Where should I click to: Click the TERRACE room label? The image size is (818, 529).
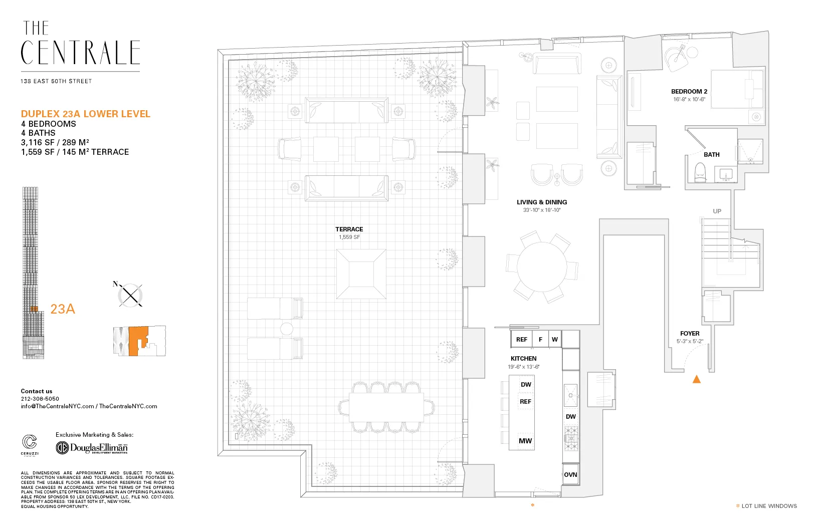pos(349,229)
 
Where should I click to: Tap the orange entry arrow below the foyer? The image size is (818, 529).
pos(696,379)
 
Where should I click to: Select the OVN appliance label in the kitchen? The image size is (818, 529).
pos(570,474)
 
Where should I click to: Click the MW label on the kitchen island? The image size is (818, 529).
pos(525,441)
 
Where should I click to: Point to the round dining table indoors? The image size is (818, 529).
pos(542,266)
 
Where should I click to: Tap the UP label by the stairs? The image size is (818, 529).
pos(717,211)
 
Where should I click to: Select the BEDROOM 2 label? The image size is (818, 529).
pos(689,91)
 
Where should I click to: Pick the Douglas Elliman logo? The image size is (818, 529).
pos(92,447)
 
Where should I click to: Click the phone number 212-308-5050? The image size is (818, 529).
pos(40,399)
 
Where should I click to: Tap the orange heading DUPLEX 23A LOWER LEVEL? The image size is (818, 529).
pos(85,114)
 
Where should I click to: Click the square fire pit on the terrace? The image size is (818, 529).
pos(361,274)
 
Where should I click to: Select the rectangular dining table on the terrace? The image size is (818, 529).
pos(386,407)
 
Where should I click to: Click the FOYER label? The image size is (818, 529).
pos(690,333)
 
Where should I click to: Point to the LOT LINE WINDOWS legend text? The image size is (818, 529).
pos(769,506)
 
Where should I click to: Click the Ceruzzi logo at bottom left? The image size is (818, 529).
pos(30,444)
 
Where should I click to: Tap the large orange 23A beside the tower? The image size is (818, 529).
pos(63,309)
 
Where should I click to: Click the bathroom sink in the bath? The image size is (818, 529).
pos(726,175)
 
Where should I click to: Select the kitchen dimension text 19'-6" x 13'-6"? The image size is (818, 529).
pos(523,367)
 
